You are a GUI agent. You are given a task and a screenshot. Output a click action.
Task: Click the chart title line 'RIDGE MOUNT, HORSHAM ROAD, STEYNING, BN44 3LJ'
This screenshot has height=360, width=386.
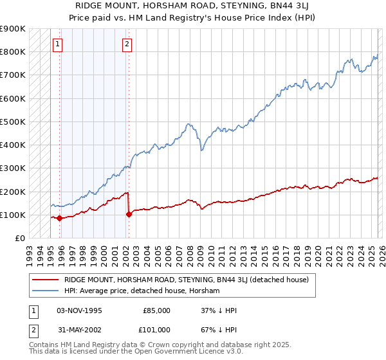[192, 6]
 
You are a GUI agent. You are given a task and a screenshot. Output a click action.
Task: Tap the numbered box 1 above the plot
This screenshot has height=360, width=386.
[58, 44]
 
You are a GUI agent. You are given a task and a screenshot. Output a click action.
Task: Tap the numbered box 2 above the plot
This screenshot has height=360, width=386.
[127, 44]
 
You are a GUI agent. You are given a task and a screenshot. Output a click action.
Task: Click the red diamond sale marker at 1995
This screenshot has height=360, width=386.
[60, 218]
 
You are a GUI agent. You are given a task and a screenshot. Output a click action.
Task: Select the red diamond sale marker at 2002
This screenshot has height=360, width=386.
[129, 214]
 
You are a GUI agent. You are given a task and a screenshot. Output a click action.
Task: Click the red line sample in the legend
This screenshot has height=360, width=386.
[45, 280]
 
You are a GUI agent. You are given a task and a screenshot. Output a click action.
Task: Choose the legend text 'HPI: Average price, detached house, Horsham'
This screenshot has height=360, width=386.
[142, 291]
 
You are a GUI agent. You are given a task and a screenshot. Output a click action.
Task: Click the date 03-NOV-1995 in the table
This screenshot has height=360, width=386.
[79, 310]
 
